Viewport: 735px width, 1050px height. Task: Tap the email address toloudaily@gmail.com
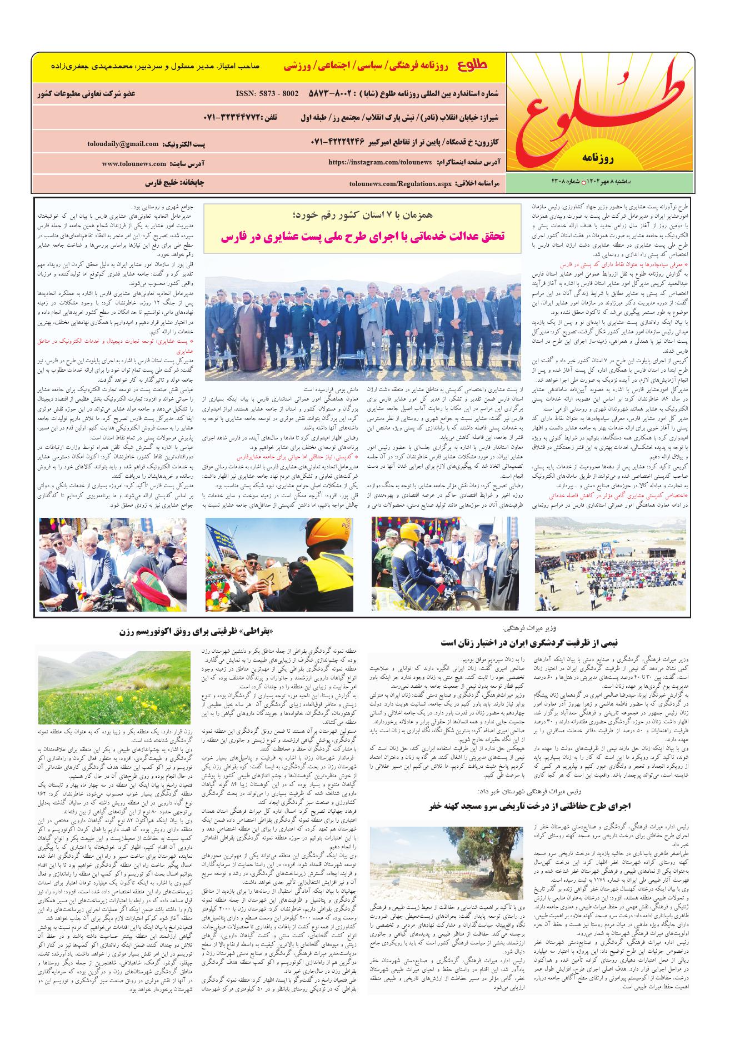pyautogui.click(x=123, y=144)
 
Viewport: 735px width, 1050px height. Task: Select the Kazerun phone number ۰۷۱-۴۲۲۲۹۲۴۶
pyautogui.click(x=347, y=142)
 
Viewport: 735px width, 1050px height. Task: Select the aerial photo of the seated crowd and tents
pyautogui.click(x=611, y=564)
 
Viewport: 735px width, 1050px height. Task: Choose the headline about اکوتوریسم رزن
pyautogui.click(x=198, y=632)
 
